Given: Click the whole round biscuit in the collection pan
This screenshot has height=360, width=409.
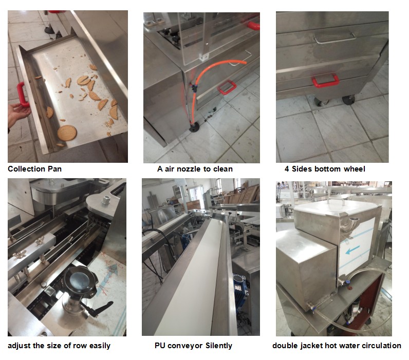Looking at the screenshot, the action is (67, 132).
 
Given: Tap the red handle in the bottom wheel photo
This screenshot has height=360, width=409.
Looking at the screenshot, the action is (325, 81).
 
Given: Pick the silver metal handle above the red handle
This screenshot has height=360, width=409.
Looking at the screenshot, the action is (335, 38).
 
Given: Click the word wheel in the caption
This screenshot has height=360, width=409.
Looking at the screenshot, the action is (355, 169).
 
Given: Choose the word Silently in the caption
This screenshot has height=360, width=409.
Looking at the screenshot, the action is (218, 346).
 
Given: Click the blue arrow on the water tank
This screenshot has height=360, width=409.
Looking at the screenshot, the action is (352, 250).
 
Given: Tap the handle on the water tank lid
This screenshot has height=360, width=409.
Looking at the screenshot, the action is (336, 201).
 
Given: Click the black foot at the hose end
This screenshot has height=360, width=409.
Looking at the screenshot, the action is (195, 128).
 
